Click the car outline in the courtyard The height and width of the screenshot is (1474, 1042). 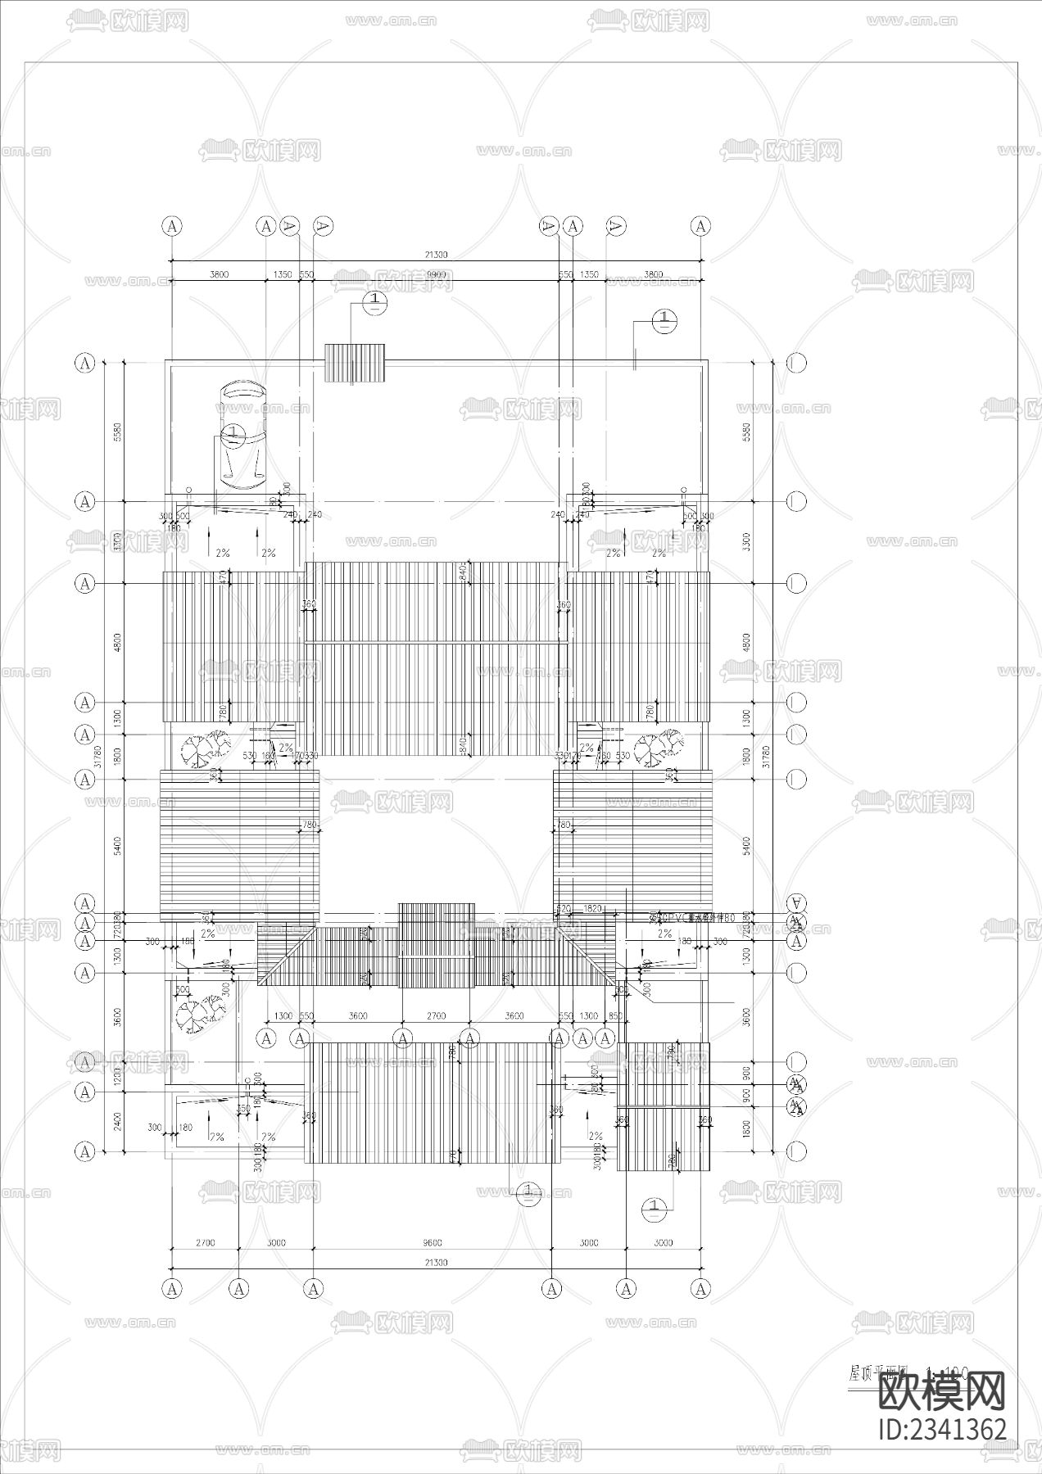(x=242, y=436)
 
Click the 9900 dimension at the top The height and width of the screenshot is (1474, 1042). (x=435, y=275)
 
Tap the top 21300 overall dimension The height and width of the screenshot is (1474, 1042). (x=435, y=255)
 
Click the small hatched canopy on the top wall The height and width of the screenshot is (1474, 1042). (x=355, y=363)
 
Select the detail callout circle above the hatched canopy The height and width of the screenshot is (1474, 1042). (x=375, y=301)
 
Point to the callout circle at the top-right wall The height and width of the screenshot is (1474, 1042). (x=664, y=320)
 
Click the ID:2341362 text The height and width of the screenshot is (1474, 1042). (x=941, y=1428)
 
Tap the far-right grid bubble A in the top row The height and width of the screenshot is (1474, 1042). (x=700, y=226)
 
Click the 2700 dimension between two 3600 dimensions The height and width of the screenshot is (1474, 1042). (x=436, y=1015)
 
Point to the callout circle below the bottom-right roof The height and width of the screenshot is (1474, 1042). (x=655, y=1207)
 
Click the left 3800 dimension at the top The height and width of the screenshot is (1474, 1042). (x=219, y=275)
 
